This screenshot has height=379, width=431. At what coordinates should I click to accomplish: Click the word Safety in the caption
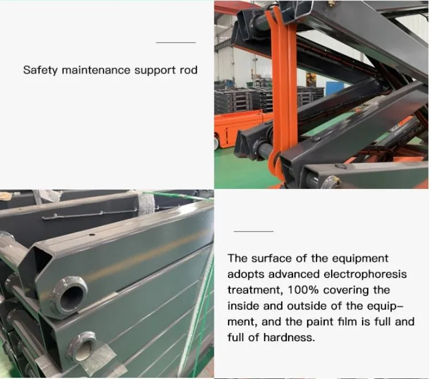(40, 70)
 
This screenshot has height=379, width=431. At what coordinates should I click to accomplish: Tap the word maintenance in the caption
(96, 70)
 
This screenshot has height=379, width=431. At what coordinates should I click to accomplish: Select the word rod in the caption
(188, 70)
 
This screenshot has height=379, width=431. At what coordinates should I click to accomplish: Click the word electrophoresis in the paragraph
(365, 274)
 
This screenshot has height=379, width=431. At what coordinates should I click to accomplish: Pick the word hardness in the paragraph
(289, 338)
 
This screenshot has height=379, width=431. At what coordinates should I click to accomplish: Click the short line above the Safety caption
(176, 42)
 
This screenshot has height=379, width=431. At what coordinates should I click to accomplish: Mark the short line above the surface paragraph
(253, 231)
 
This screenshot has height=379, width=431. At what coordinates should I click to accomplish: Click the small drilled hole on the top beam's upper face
(92, 234)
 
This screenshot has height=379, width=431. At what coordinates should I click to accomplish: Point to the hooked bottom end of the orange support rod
(274, 164)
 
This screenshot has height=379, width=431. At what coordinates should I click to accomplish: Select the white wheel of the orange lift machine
(216, 142)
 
